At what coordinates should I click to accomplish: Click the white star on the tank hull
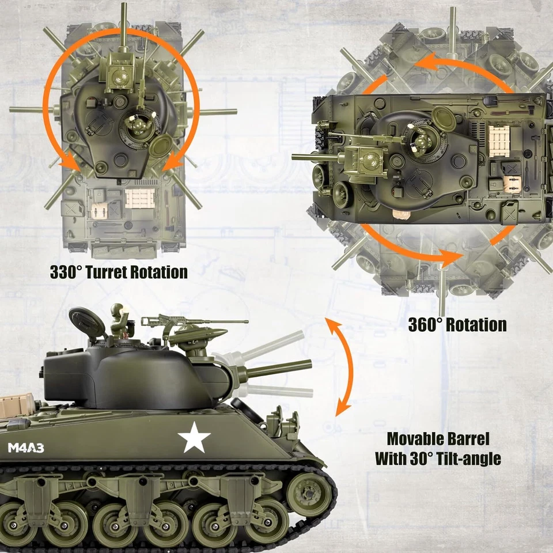194,437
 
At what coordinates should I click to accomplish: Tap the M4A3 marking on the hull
26,447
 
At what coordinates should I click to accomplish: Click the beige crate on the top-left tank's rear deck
140,198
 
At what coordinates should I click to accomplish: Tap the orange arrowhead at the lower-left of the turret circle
73,164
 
